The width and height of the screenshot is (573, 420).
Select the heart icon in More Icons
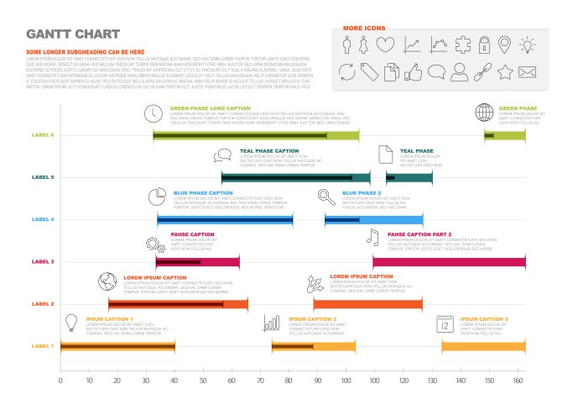pos(385,45)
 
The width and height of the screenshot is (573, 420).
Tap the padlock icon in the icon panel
pos(484,45)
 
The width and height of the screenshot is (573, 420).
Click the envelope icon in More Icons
pos(527,72)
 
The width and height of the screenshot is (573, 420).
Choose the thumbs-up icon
pos(412,72)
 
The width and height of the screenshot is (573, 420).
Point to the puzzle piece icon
pos(460,45)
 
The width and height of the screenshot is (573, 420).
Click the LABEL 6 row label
pos(43,135)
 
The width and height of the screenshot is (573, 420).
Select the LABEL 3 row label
pos(43,262)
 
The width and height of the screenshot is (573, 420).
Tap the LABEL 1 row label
pos(43,346)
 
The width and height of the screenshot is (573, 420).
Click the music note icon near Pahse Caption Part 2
pos(372,238)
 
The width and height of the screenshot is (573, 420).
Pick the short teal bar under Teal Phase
pos(409,177)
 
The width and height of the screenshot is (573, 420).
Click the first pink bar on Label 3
pos(197,262)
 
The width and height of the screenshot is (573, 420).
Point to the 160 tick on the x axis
pos(518,381)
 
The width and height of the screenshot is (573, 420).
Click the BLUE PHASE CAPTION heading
pos(203,192)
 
